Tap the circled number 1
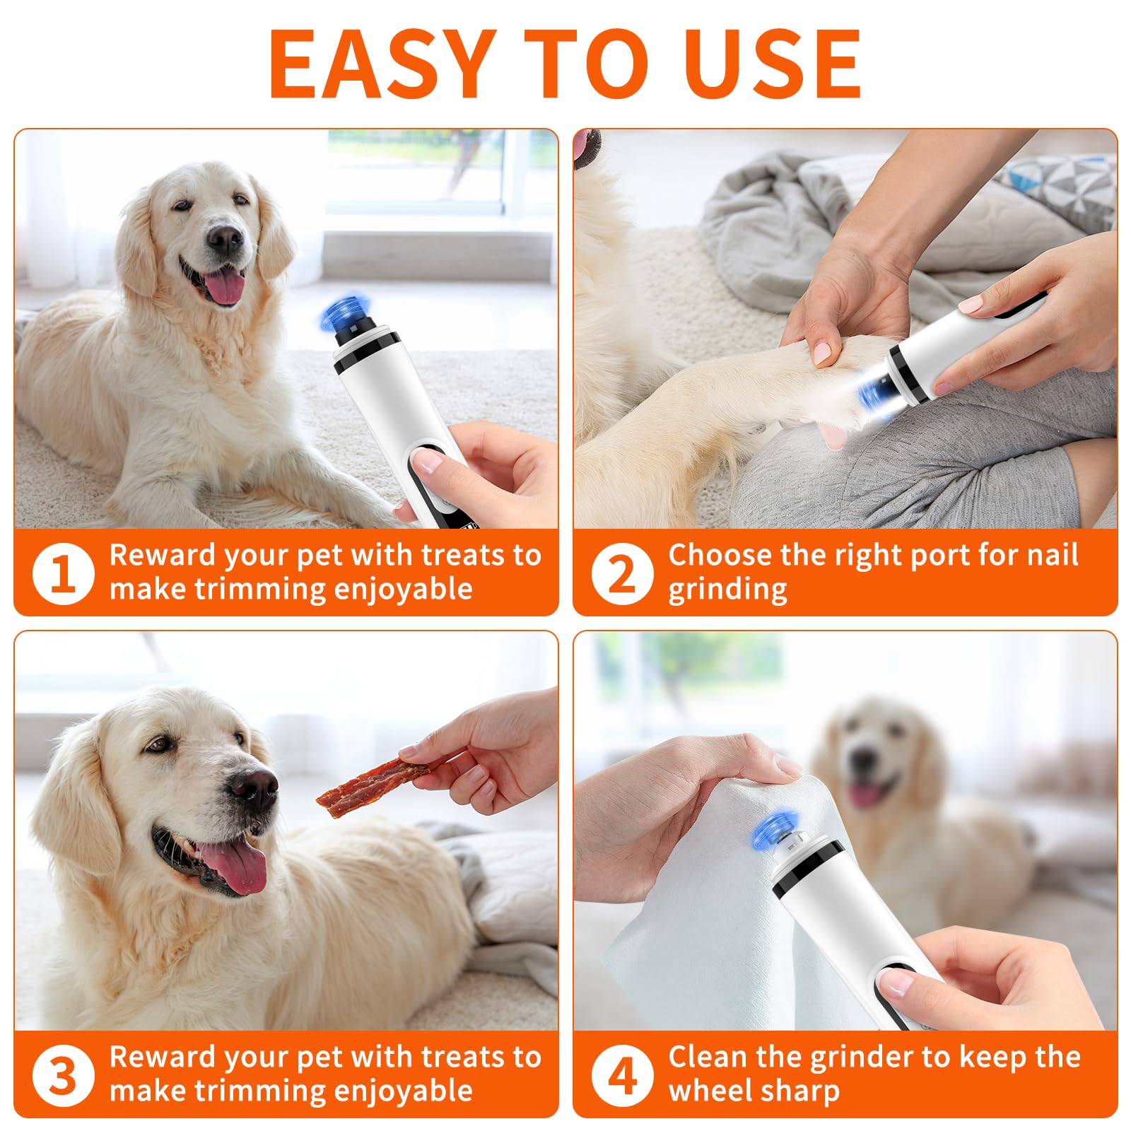tap(63, 573)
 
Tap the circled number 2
tap(622, 573)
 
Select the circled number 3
tap(63, 1075)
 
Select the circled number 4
tap(622, 1075)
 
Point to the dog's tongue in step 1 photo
tap(225, 286)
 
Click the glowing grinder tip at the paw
tap(874, 397)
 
